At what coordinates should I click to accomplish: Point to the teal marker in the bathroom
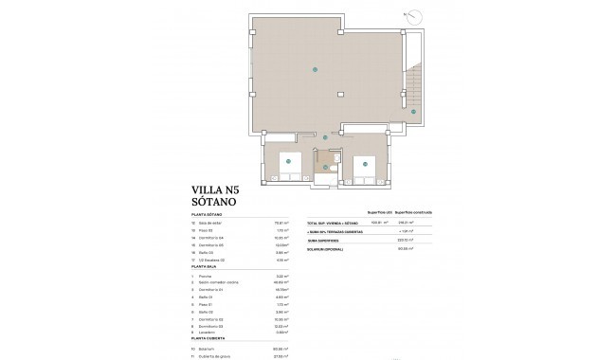[x=326, y=167]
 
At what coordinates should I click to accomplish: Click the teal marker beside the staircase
[x=413, y=112]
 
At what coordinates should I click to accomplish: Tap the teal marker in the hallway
[x=325, y=138]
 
